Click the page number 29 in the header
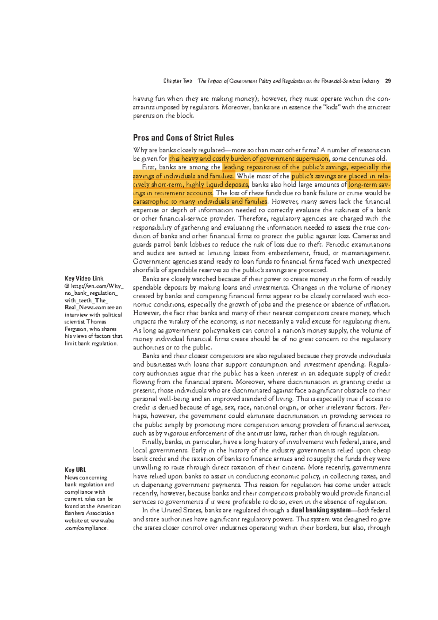coord(388,81)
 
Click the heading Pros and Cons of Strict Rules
coord(183,138)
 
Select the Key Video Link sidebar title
coord(84,278)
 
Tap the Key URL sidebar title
coord(75,470)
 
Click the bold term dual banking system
coord(320,510)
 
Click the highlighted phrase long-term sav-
coord(369,185)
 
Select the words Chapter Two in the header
coord(178,81)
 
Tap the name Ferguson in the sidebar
coord(76,329)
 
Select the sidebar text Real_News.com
coord(85,307)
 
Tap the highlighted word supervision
coord(312,159)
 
